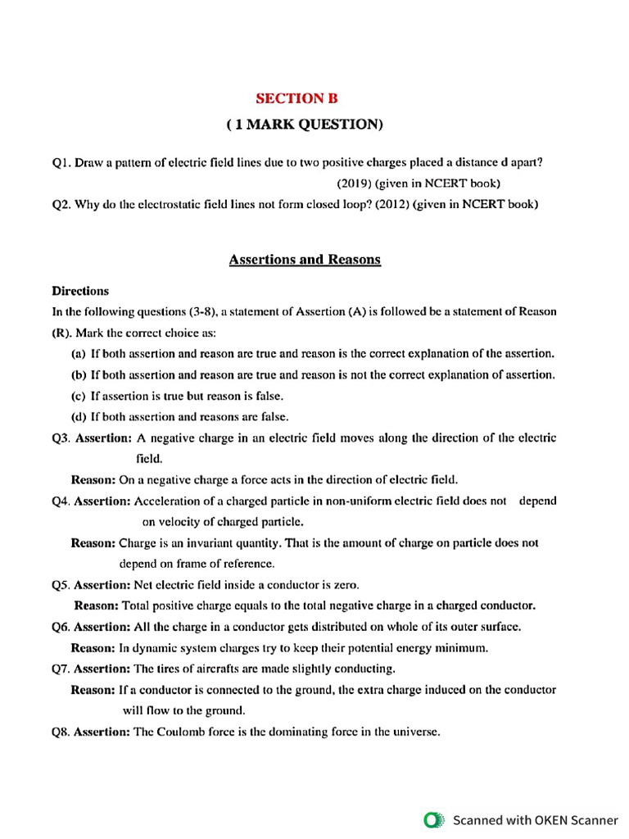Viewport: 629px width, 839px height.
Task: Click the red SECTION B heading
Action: point(296,98)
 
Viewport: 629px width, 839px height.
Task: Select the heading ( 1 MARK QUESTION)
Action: point(305,125)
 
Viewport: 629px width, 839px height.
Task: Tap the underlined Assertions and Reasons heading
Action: point(305,260)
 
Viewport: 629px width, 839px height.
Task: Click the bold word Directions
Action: point(80,291)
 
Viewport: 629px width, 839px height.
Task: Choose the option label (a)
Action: point(79,354)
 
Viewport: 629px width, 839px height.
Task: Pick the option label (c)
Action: point(79,396)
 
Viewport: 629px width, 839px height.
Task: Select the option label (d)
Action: point(79,416)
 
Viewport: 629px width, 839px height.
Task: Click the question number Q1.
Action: point(61,163)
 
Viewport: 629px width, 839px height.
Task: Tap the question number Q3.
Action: point(61,438)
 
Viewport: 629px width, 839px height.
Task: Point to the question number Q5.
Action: point(61,585)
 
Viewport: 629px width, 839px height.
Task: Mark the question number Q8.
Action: point(61,732)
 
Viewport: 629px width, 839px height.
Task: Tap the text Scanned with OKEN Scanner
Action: point(536,819)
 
